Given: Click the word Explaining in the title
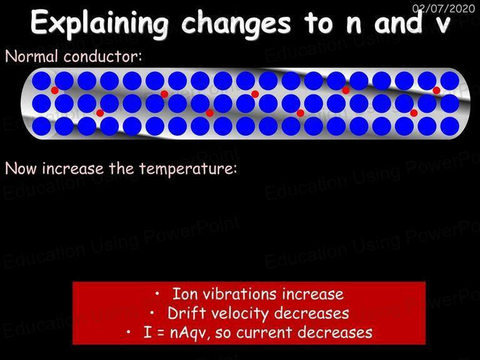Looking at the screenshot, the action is [99, 24].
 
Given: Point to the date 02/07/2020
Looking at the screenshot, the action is [443, 8].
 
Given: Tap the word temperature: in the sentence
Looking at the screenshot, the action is [188, 169].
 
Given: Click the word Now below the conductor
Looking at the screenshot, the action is [21, 168].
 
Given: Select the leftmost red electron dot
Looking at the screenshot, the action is [55, 90].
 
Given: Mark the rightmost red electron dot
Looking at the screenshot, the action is [436, 90].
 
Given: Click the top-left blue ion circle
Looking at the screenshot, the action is [41, 81].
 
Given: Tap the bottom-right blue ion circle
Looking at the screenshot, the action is [450, 126].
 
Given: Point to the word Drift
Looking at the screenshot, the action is [186, 313].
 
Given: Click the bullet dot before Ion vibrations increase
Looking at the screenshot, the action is [157, 294].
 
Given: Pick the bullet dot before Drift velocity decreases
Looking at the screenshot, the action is [152, 313].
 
